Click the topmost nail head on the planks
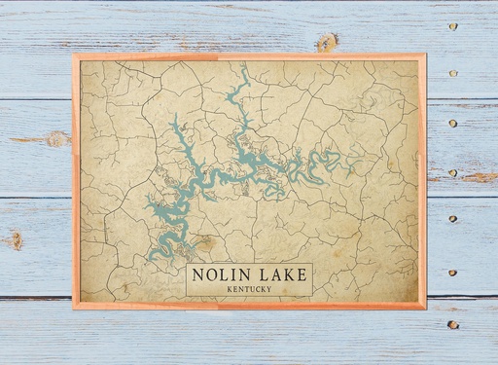point(453,26)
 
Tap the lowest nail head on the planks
point(452,324)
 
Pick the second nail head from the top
point(453,73)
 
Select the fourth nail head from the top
point(453,173)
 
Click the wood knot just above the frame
point(327,42)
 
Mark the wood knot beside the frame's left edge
point(56,139)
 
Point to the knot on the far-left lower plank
point(14,238)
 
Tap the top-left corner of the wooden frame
point(74,55)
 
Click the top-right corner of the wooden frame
point(425,55)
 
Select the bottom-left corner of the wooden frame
point(74,308)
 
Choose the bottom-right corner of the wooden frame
point(425,308)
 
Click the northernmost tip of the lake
point(244,67)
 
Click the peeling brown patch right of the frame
point(480,177)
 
